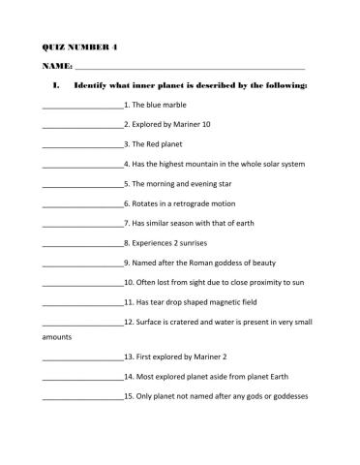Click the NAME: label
point(56,66)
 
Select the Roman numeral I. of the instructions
point(57,85)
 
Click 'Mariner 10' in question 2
point(203,124)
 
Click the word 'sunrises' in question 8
point(197,243)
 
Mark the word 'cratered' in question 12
point(186,322)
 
